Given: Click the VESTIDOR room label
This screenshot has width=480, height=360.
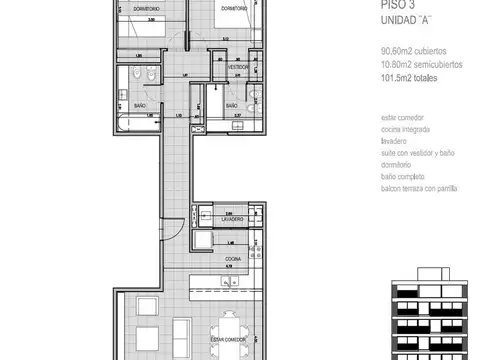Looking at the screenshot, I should tap(237, 67).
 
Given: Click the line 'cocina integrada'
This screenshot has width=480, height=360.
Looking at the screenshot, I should tap(403, 131).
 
